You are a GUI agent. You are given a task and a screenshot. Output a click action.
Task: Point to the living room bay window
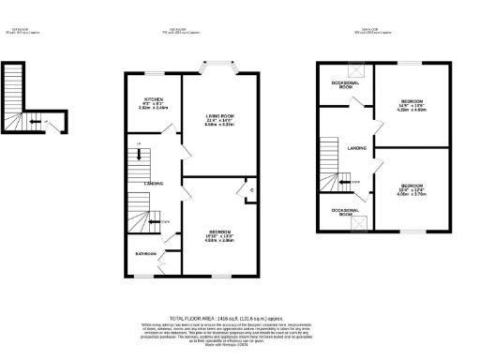click(219, 67)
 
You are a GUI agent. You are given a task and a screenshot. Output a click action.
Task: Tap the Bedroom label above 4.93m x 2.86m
click(218, 231)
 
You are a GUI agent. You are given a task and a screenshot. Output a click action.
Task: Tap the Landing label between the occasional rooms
click(356, 147)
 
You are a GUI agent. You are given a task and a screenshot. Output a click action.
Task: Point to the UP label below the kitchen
click(139, 142)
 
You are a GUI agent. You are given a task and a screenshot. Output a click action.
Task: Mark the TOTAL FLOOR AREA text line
click(240, 318)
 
